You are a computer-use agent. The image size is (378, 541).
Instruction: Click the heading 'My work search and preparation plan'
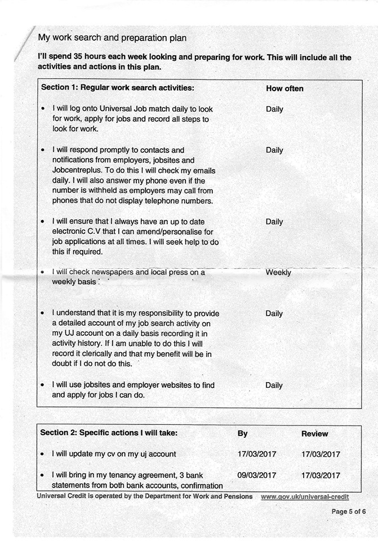click(x=112, y=38)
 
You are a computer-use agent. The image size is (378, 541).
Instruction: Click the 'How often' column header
click(x=284, y=88)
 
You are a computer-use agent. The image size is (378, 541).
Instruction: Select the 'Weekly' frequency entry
click(x=278, y=272)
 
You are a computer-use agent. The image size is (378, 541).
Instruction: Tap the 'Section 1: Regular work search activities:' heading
click(x=117, y=88)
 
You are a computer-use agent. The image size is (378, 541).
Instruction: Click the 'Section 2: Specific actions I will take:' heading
click(x=109, y=433)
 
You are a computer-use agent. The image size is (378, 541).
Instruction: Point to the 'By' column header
click(x=242, y=433)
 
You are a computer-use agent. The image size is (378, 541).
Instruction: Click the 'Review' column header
click(x=314, y=433)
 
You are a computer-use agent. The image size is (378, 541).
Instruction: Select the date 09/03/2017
click(x=257, y=475)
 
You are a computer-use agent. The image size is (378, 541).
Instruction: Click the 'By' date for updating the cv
click(x=257, y=454)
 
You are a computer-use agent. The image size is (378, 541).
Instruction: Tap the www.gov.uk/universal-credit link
click(x=305, y=496)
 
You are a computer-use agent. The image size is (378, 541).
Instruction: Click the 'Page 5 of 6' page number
click(x=349, y=512)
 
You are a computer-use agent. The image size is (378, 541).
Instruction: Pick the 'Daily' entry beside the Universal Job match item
click(x=274, y=109)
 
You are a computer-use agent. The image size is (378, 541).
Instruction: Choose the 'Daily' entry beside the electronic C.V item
click(x=274, y=221)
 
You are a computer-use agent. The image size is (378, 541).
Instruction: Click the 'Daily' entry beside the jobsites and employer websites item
click(x=274, y=385)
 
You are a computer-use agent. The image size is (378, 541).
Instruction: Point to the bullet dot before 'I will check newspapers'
click(x=43, y=272)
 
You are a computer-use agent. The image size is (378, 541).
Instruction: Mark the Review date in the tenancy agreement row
click(x=321, y=475)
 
